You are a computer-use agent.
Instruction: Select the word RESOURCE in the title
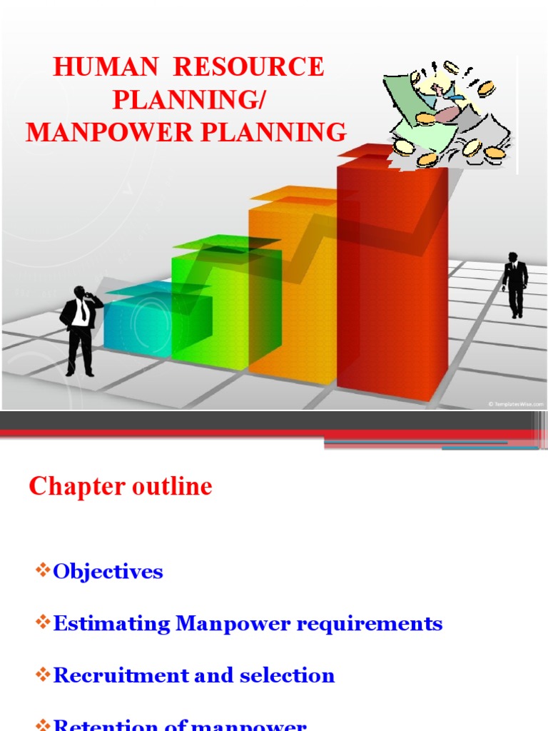249,68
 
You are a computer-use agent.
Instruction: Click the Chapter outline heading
121,487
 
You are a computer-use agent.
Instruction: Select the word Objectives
108,571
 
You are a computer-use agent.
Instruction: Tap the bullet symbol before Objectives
43,571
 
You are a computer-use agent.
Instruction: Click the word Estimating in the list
112,623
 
